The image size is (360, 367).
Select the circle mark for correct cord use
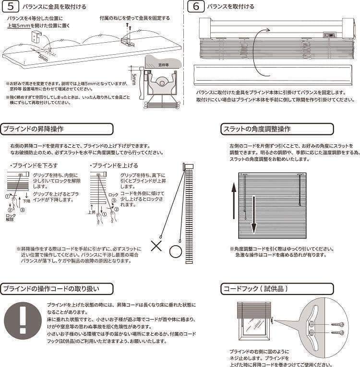point(176,251)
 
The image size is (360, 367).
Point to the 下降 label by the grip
point(26,201)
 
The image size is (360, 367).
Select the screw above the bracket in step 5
point(128,25)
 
